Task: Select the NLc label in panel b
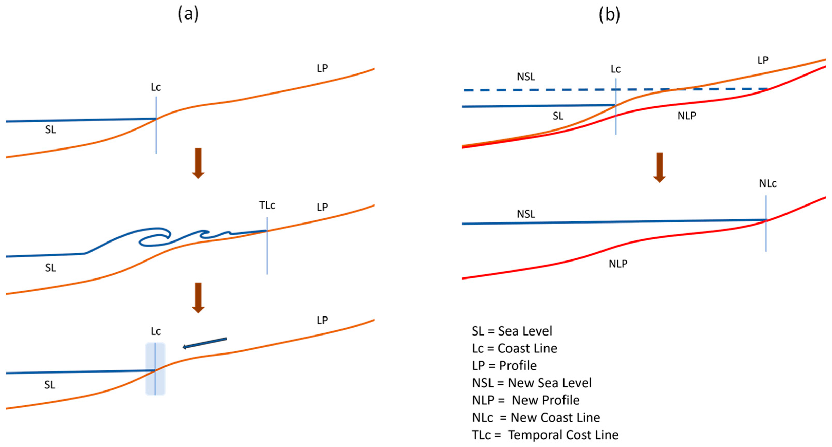click(x=768, y=183)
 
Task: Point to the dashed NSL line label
click(x=526, y=77)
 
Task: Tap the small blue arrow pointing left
click(x=205, y=343)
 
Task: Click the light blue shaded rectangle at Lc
click(x=155, y=368)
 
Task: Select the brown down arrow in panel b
click(x=659, y=167)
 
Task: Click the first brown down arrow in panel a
click(x=198, y=163)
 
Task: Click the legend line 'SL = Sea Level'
click(x=512, y=331)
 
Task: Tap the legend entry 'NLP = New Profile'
click(x=525, y=400)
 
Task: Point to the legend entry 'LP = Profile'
click(x=504, y=366)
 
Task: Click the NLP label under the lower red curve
click(x=618, y=264)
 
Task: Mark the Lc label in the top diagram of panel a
click(x=156, y=87)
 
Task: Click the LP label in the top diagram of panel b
click(x=763, y=60)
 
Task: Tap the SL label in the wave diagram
click(x=50, y=268)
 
